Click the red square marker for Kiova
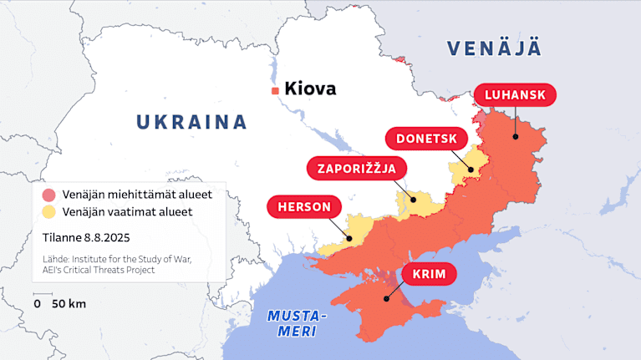[274, 90]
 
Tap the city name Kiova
[310, 89]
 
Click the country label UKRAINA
[192, 122]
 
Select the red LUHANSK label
[515, 95]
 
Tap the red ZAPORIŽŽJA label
[356, 168]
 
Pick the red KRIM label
[429, 275]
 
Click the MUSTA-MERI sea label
[297, 323]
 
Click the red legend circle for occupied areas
[48, 195]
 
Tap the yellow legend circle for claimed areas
[48, 212]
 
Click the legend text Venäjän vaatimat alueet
[128, 212]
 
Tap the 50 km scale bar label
[69, 304]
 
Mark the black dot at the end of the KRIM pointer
[385, 299]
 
